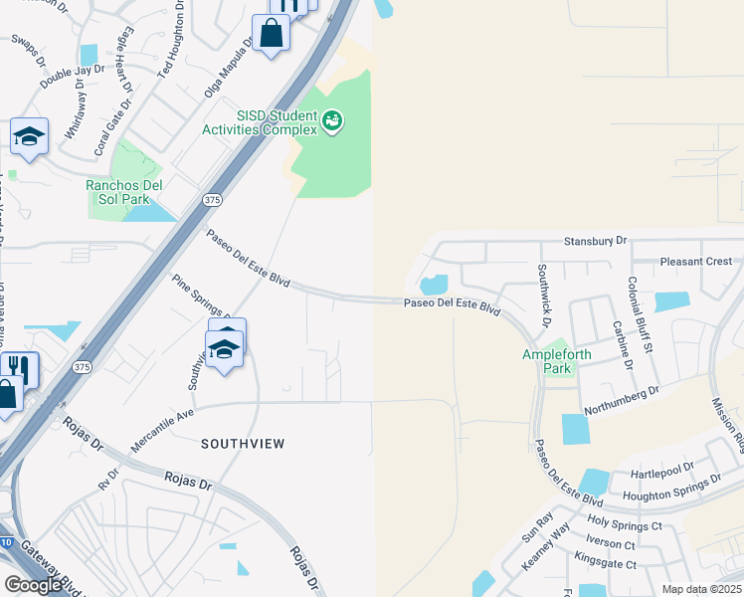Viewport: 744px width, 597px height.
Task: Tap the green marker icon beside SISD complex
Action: [332, 122]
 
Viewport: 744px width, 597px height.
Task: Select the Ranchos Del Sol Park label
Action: [124, 190]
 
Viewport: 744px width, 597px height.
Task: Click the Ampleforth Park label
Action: [548, 361]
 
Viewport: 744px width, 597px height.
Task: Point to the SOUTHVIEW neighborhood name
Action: [243, 443]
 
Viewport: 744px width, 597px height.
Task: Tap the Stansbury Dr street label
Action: [596, 241]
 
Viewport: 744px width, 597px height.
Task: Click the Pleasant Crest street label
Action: [696, 262]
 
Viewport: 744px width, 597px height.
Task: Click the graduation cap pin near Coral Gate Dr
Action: [29, 137]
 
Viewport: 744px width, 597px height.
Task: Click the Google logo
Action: [33, 584]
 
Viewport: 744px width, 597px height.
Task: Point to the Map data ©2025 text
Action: [700, 589]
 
